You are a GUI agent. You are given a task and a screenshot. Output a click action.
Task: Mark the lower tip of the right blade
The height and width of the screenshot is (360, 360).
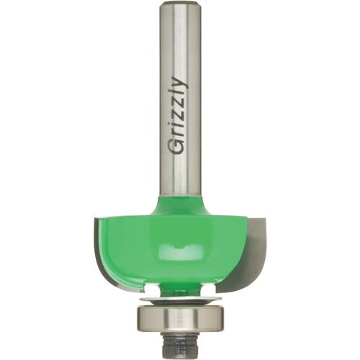[229, 291]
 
